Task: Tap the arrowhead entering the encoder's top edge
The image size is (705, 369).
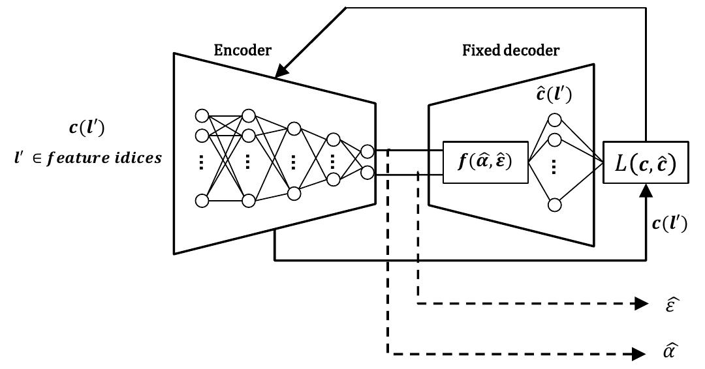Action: tap(279, 73)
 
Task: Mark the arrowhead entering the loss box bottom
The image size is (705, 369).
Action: tap(646, 189)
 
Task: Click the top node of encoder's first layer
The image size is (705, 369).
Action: tap(202, 116)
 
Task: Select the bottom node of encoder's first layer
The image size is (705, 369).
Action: tap(202, 200)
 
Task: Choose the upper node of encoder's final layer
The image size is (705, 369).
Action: tap(368, 152)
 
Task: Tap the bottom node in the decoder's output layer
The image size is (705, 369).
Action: tap(555, 205)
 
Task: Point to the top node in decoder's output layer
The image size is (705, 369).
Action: tap(555, 120)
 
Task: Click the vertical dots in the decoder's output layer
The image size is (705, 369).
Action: tap(555, 168)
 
